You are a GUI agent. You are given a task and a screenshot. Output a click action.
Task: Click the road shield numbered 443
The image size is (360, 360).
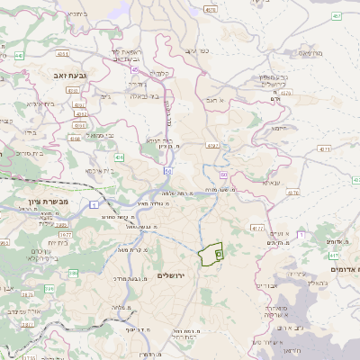(19, 55)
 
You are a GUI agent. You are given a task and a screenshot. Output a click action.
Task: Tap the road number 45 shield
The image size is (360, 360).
(136, 68)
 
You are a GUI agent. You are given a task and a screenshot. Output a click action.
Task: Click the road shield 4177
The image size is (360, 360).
(257, 228)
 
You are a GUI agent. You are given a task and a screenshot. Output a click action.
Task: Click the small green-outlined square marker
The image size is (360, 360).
(219, 256)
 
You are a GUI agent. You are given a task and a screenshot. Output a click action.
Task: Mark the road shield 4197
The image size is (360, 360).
(212, 144)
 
